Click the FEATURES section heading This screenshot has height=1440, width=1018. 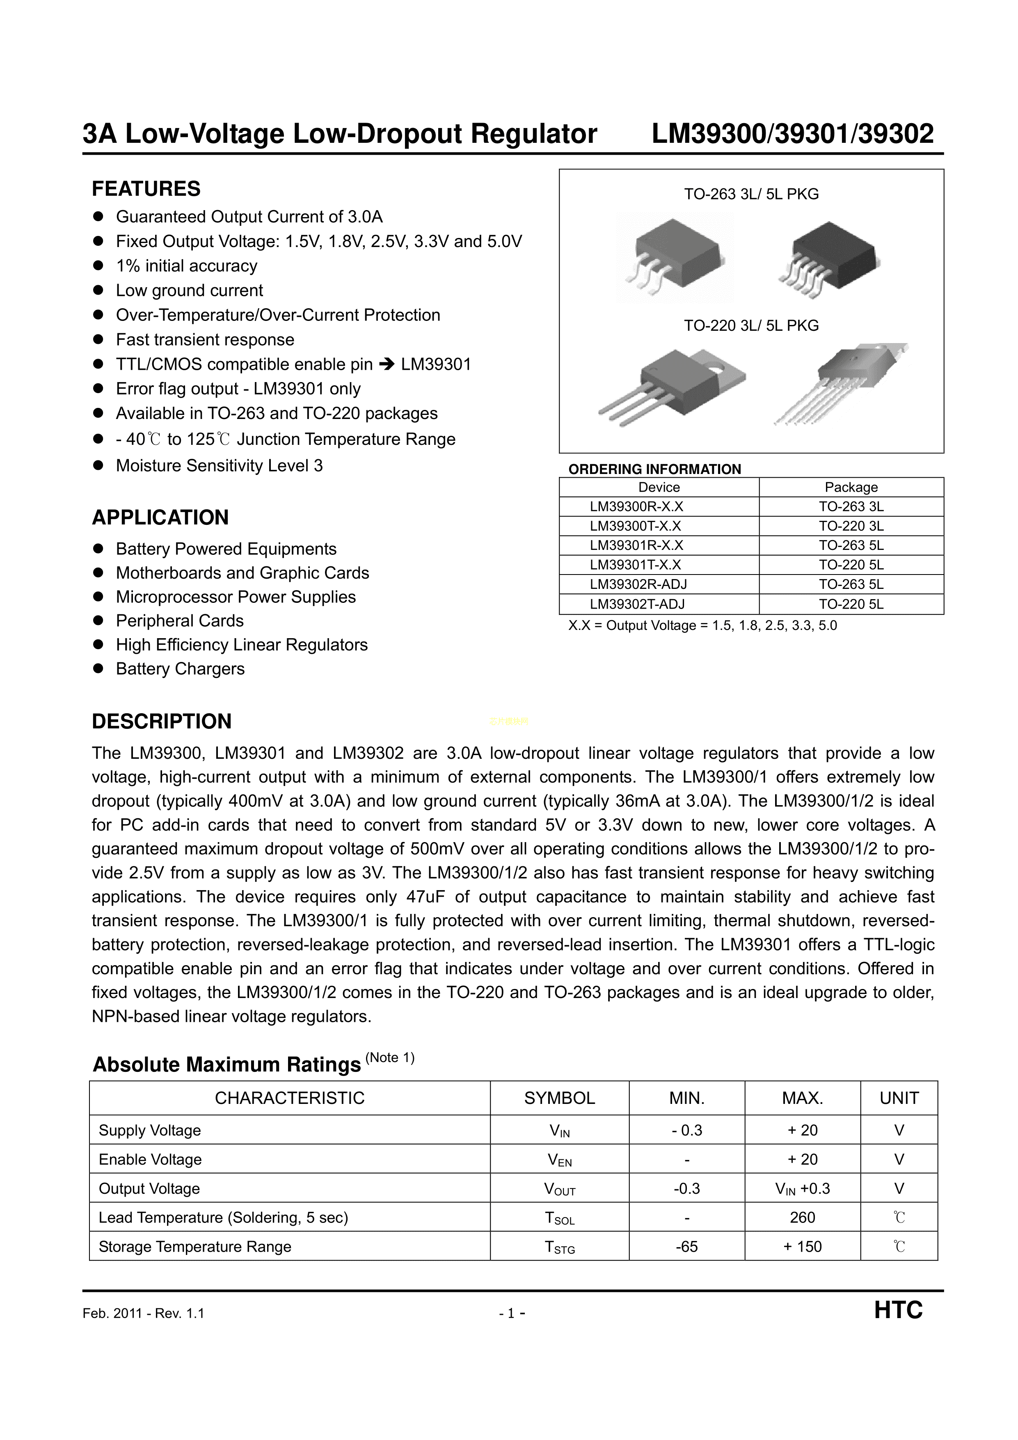point(146,189)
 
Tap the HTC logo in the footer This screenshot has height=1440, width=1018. point(898,1310)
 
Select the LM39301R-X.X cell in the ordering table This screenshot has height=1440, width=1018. point(636,545)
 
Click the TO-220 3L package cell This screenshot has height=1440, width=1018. point(851,526)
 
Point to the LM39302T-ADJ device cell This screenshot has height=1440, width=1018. point(637,604)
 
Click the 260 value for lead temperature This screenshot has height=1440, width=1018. point(802,1217)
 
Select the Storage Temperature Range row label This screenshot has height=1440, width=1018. point(195,1246)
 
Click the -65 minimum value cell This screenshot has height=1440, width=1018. point(687,1246)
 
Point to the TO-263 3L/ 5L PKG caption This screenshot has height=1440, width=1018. point(751,195)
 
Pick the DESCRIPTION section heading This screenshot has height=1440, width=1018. point(162,721)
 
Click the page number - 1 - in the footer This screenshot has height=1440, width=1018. point(512,1313)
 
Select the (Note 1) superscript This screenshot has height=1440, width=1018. point(389,1058)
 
